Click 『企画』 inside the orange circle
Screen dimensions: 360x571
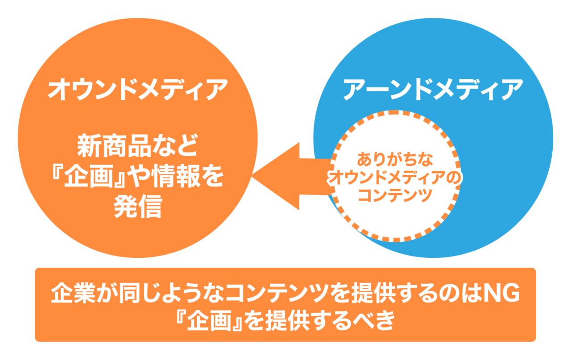click(x=85, y=177)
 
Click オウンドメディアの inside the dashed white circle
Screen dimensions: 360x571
click(x=395, y=178)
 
